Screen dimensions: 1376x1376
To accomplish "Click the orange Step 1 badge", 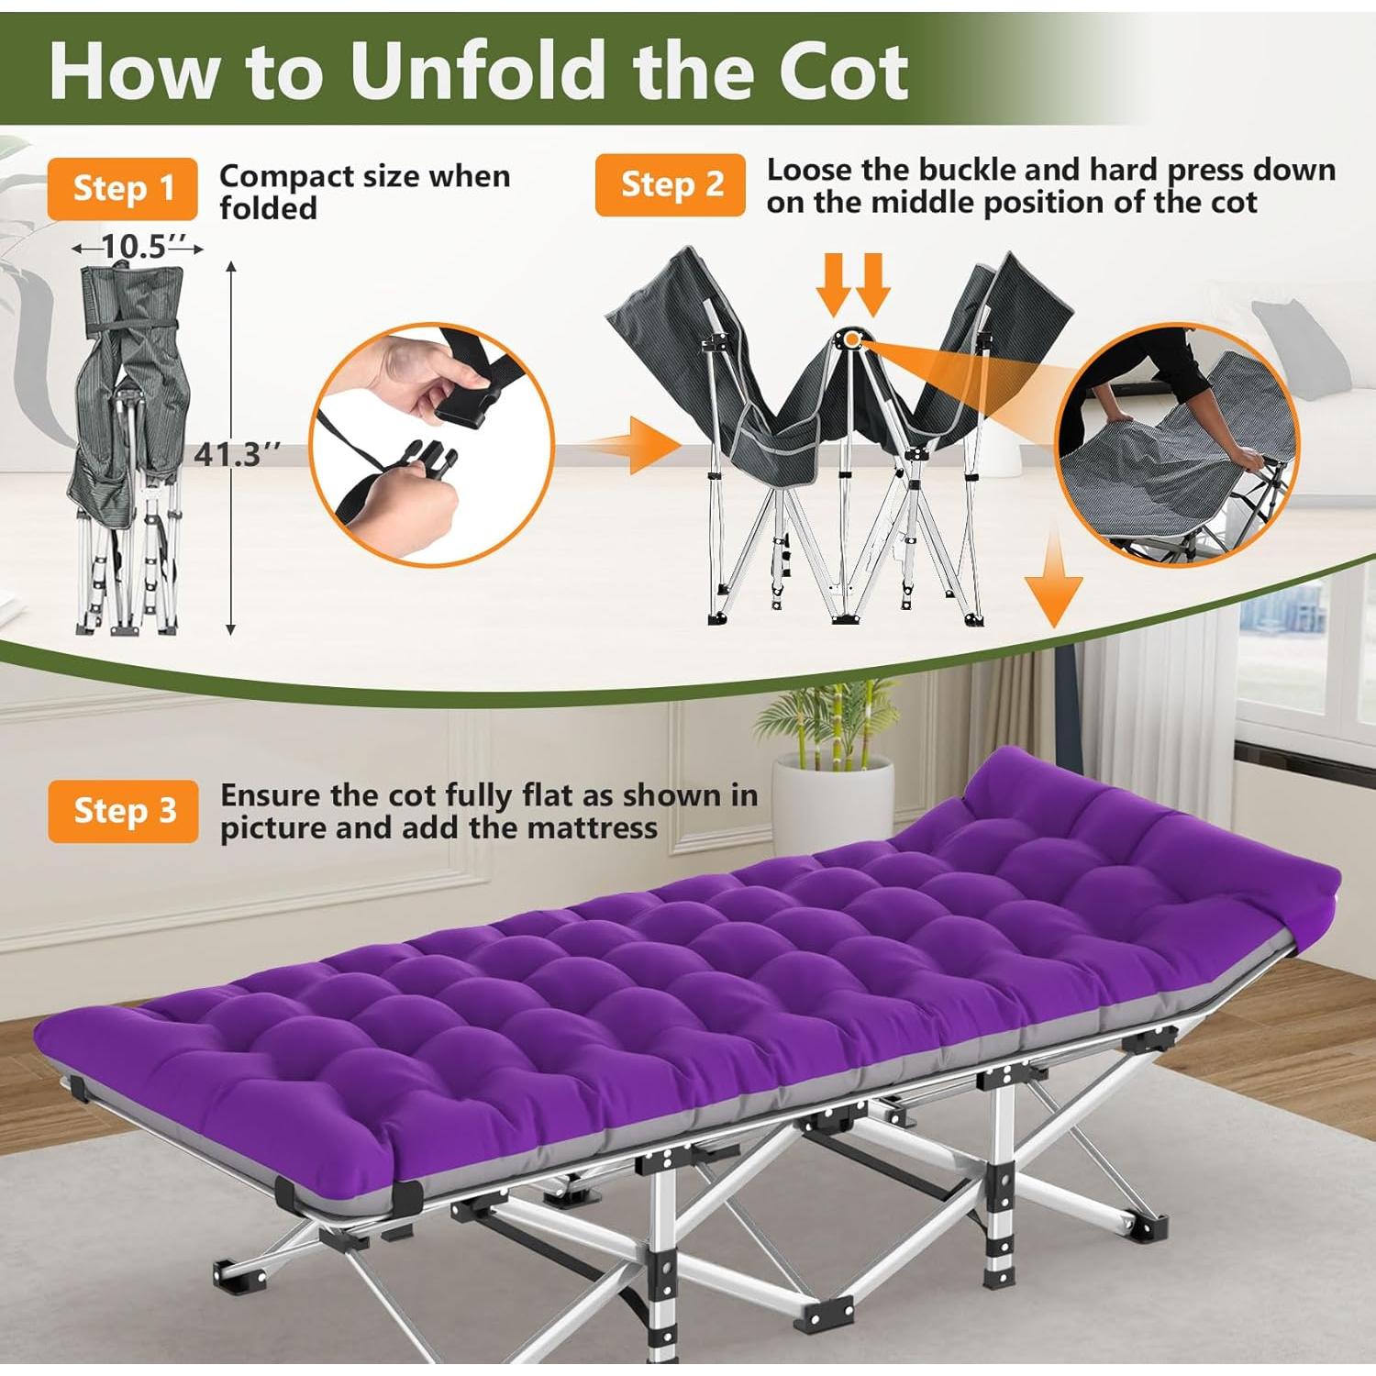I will click(x=122, y=188).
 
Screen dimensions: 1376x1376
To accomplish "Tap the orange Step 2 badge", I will click(x=670, y=184).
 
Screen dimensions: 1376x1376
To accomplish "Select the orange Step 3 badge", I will click(x=123, y=811).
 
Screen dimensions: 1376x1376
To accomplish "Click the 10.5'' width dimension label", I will click(x=138, y=247).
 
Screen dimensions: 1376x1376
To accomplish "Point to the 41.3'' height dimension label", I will click(x=236, y=453).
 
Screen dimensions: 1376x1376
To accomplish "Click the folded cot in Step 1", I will click(x=128, y=449).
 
